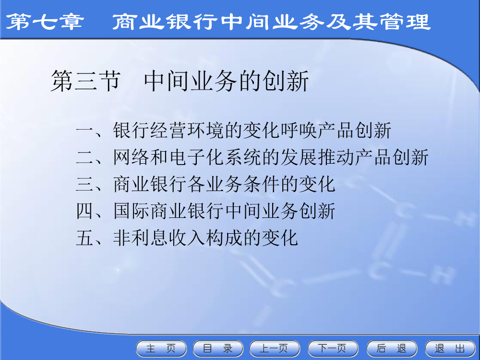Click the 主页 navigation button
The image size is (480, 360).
pos(161,348)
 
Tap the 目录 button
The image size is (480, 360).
pos(218,348)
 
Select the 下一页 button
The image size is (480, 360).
pos(333,348)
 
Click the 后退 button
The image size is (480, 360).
pos(392,348)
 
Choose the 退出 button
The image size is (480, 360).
pos(450,348)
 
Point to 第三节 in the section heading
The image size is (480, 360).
pos(85,81)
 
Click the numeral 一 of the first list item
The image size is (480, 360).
pos(85,131)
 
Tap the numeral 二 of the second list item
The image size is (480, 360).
pos(85,157)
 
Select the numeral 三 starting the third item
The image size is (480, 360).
pos(85,184)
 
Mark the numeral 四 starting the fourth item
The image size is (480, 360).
pos(85,211)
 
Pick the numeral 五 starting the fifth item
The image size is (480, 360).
pos(85,238)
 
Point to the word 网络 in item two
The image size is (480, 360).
pos(131,157)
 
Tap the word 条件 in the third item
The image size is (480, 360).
pos(261,184)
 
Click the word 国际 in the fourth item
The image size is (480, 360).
pos(131,211)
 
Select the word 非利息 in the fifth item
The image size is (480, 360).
pos(140,238)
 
